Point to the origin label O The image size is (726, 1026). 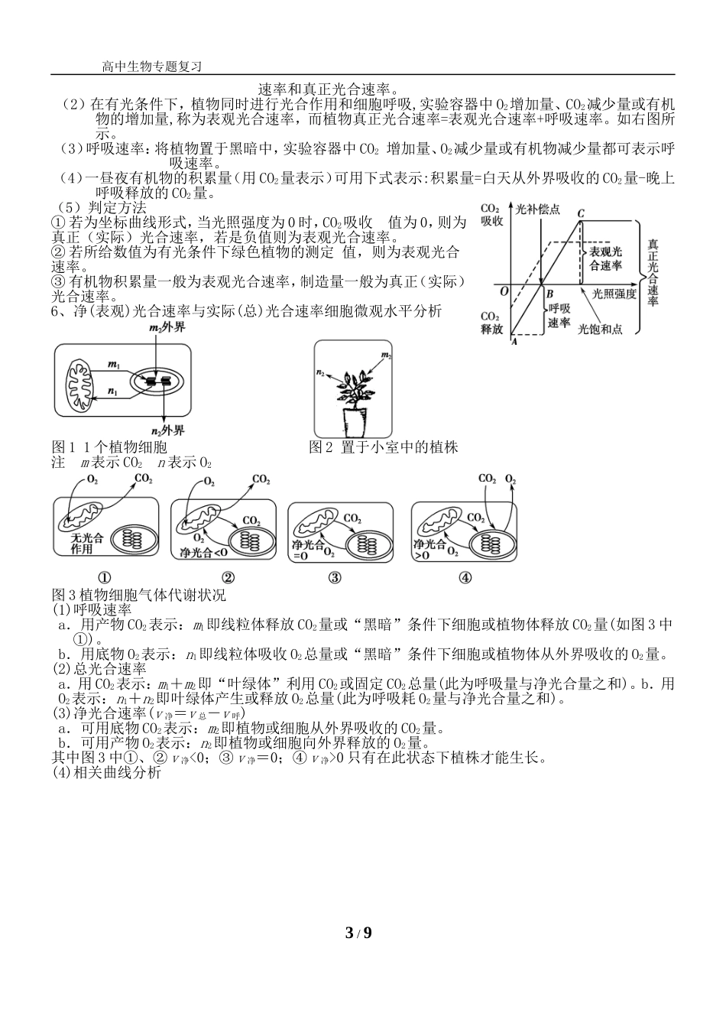point(504,291)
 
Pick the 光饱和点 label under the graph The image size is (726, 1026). point(600,329)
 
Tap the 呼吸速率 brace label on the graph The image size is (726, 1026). point(559,316)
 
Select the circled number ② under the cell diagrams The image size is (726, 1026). point(227,578)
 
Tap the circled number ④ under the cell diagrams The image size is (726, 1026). point(465,578)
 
